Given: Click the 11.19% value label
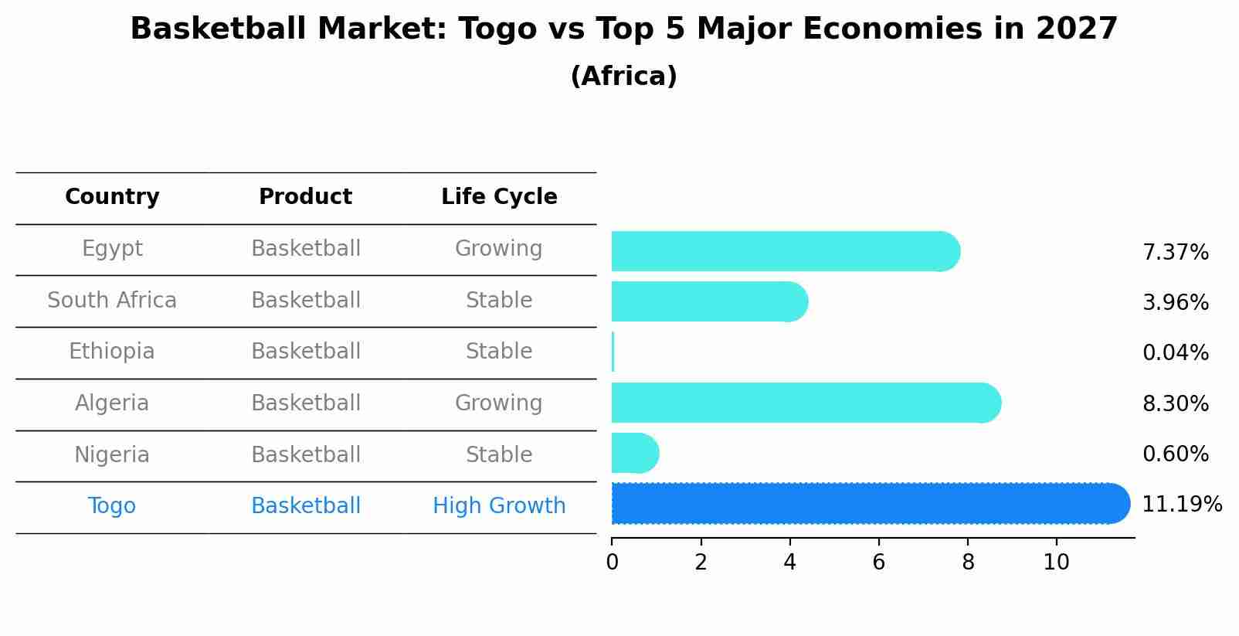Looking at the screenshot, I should pyautogui.click(x=1181, y=505).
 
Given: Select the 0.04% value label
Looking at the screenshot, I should pyautogui.click(x=1175, y=353).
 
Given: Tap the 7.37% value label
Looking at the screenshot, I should pyautogui.click(x=1175, y=253).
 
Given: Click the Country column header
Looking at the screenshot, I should pyautogui.click(x=112, y=197).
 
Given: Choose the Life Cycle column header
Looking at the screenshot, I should pyautogui.click(x=499, y=197).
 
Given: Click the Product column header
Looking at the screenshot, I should pyautogui.click(x=305, y=197).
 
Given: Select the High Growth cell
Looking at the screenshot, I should pyautogui.click(x=499, y=506).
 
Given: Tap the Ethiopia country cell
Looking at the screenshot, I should pyautogui.click(x=112, y=352).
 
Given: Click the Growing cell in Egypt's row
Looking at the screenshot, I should pyautogui.click(x=499, y=249).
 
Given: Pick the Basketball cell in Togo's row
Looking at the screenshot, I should pyautogui.click(x=305, y=506).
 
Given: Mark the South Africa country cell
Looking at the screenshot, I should pyautogui.click(x=112, y=301).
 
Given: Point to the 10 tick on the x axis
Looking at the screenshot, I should pyautogui.click(x=1056, y=563).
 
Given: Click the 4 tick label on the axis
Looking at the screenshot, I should pyautogui.click(x=789, y=563).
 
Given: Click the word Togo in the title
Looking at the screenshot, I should pyautogui.click(x=495, y=29).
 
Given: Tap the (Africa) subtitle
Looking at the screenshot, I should pyautogui.click(x=623, y=77).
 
